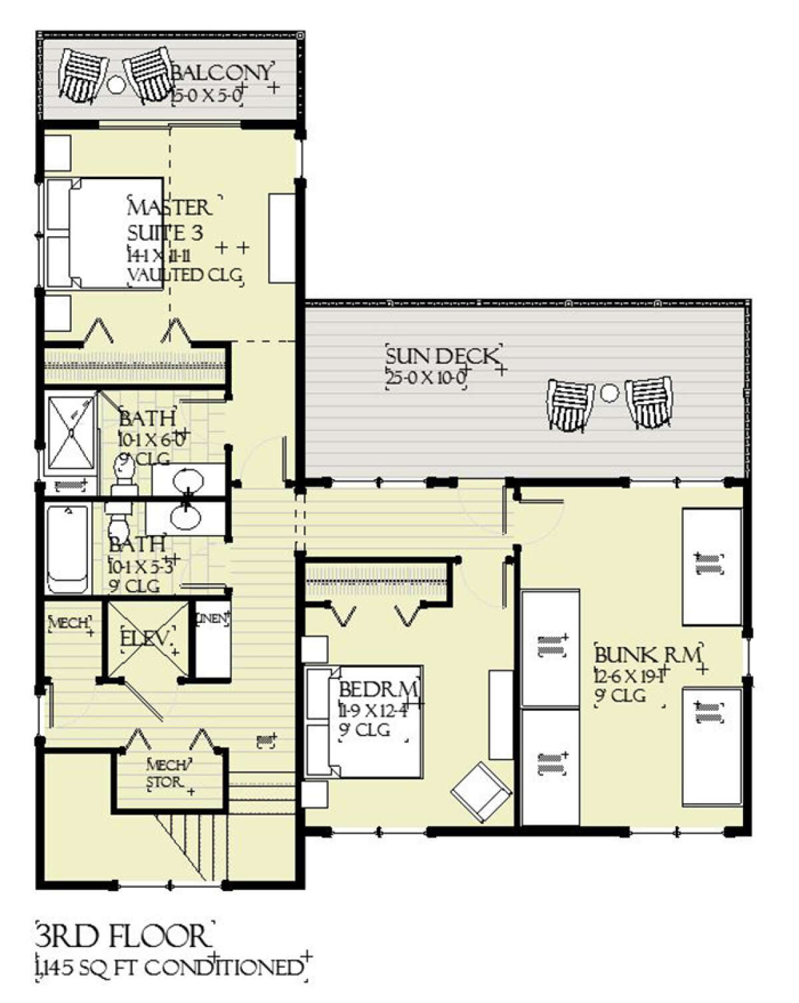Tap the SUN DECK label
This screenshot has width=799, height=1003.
tap(441, 356)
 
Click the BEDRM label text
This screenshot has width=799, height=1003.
tap(378, 688)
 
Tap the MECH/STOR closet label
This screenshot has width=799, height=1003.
tap(168, 773)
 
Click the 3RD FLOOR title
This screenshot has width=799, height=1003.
tap(121, 936)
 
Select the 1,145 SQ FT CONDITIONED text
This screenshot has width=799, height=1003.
tap(169, 967)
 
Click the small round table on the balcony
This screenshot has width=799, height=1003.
tap(116, 85)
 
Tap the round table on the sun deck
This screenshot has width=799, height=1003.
tap(609, 393)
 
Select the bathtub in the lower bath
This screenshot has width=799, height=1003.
tap(68, 548)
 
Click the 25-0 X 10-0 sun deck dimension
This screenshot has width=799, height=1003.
tap(426, 378)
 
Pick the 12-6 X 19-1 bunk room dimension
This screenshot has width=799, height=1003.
tap(629, 676)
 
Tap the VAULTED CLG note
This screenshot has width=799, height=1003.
tap(184, 275)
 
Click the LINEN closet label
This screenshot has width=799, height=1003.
tap(212, 618)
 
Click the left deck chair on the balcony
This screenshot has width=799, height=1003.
tap(82, 75)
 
